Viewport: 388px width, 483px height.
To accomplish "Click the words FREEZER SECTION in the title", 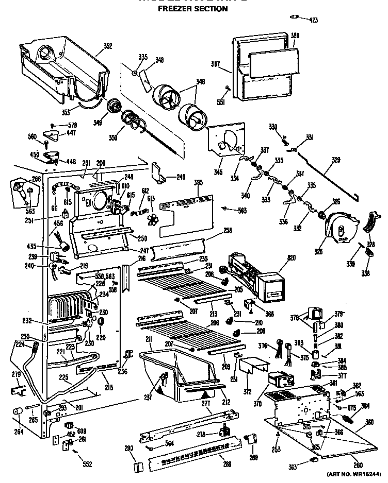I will pos(192,9).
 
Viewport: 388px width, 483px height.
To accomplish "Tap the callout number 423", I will pos(313,20).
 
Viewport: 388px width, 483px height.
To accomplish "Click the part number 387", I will pos(216,65).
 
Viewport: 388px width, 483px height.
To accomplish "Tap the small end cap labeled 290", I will pos(137,467).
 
